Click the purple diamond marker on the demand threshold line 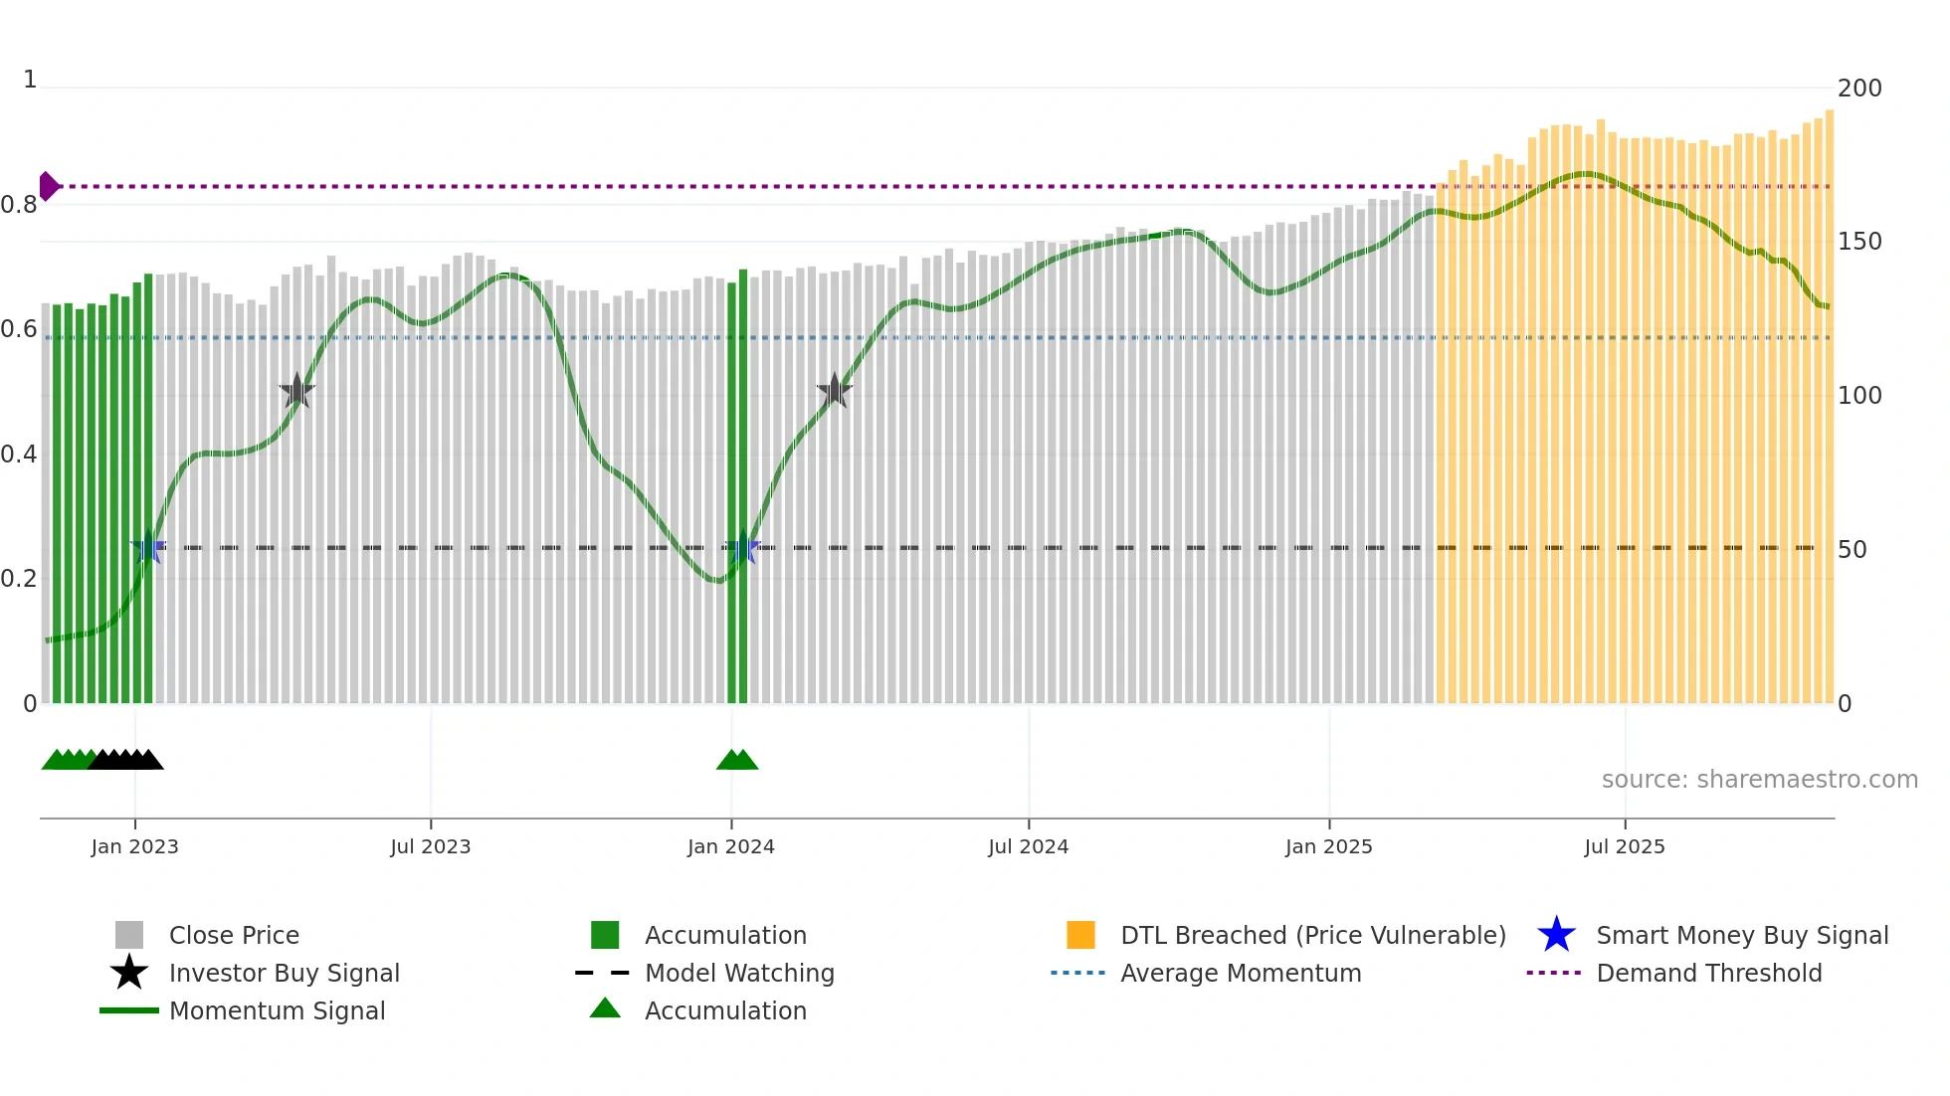(48, 186)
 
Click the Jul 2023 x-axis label (430, 846)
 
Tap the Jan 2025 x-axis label (1328, 846)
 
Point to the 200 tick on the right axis (1858, 89)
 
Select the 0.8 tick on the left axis (19, 206)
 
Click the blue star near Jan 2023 (148, 548)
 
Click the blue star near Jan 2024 (742, 548)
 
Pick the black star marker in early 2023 (296, 392)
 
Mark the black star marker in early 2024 (834, 391)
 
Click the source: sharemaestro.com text (1759, 780)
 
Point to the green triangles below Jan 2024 (737, 761)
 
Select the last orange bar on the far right (1829, 408)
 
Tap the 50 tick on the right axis (1852, 550)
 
